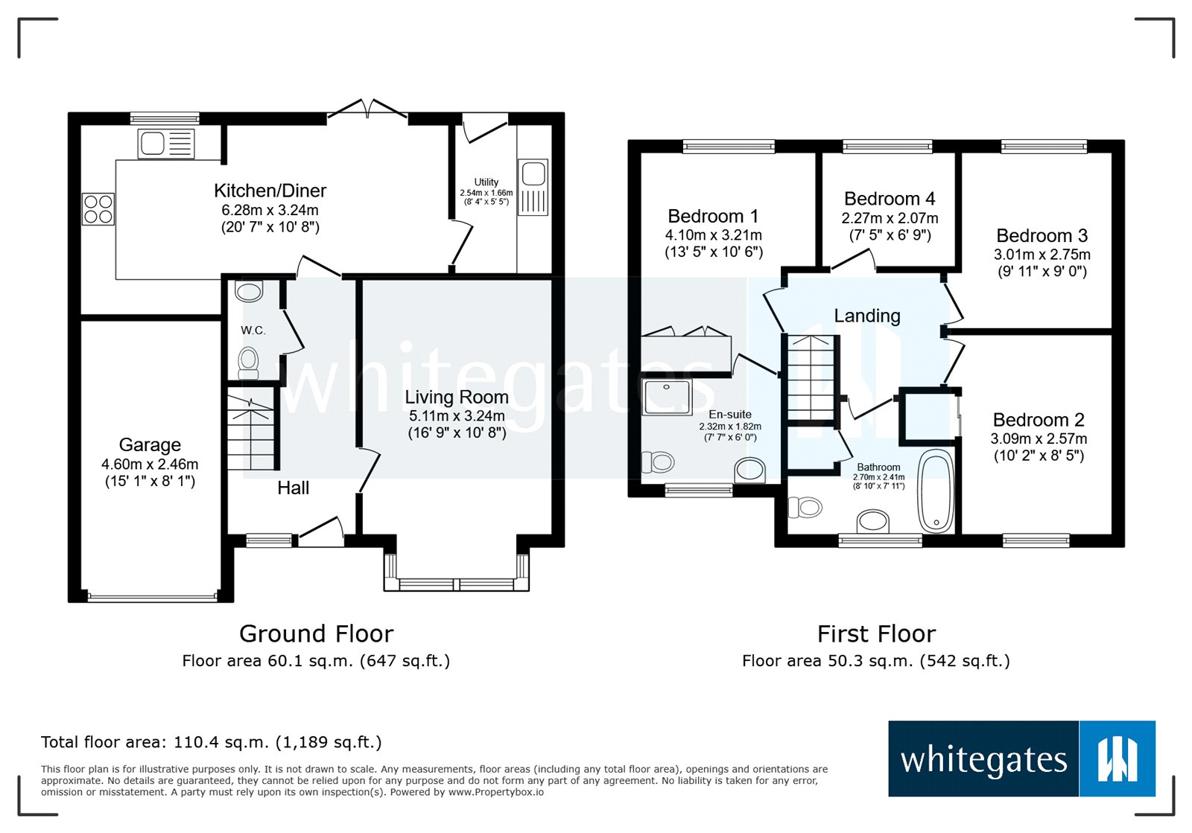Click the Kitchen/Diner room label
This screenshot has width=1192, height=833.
(x=270, y=191)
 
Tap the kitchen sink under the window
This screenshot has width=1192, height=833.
(x=165, y=144)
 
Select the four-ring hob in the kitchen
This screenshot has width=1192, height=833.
(x=98, y=208)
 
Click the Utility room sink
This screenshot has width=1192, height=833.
(x=533, y=187)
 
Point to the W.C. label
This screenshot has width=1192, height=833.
(x=253, y=330)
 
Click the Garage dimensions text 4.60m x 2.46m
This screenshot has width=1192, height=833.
(x=150, y=464)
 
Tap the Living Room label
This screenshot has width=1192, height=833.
(x=456, y=397)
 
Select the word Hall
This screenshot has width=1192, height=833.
(x=293, y=488)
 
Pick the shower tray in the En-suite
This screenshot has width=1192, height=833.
(x=667, y=397)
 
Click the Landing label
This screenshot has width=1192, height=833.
(x=866, y=316)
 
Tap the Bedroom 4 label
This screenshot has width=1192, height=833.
(x=889, y=199)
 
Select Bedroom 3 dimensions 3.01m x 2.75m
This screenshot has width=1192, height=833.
(x=1042, y=254)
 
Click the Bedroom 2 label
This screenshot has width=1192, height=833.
(x=1038, y=420)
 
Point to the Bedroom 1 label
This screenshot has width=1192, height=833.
(x=713, y=216)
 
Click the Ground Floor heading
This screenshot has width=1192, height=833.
(x=316, y=633)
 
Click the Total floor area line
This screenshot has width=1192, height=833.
(x=211, y=742)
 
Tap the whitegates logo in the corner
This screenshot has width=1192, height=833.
(x=1021, y=759)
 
